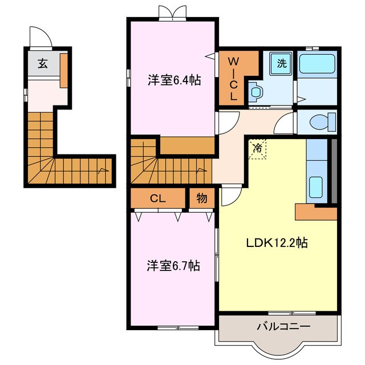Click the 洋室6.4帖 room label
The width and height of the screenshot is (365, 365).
pyautogui.click(x=174, y=80)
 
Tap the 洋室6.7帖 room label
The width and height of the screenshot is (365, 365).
pyautogui.click(x=173, y=266)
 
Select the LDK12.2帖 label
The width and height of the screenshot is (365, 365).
pyautogui.click(x=277, y=243)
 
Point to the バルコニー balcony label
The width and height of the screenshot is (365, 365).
pyautogui.click(x=283, y=326)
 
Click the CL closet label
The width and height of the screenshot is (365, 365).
pyautogui.click(x=158, y=198)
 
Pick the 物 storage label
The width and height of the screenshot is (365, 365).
pyautogui.click(x=201, y=198)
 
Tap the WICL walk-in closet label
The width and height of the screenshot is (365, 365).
pyautogui.click(x=233, y=79)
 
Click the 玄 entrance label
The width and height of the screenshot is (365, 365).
pyautogui.click(x=43, y=63)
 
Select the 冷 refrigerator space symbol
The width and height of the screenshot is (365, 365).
pyautogui.click(x=257, y=148)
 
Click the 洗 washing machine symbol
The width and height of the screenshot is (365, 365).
pyautogui.click(x=281, y=63)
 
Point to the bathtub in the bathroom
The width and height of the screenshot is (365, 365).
pyautogui.click(x=317, y=64)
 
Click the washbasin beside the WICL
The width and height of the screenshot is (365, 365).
pyautogui.click(x=255, y=91)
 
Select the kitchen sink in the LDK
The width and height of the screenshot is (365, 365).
pyautogui.click(x=316, y=184)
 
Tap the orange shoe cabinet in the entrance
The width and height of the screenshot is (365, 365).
pyautogui.click(x=64, y=71)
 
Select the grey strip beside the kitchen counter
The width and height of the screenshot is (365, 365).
pyautogui.click(x=334, y=171)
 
